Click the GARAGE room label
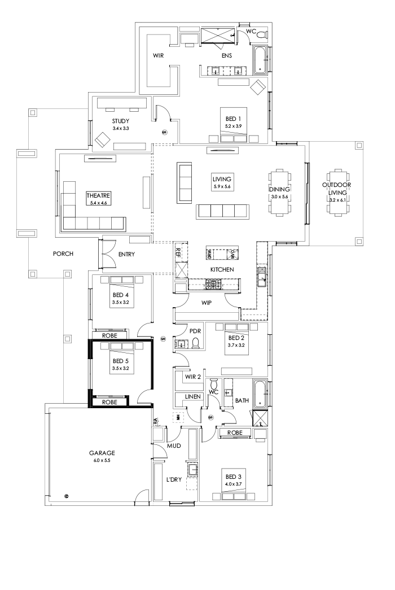click(102, 453)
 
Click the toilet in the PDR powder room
click(195, 343)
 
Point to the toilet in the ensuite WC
click(260, 34)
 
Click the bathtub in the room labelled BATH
click(260, 393)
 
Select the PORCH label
click(63, 254)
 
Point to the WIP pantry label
click(207, 303)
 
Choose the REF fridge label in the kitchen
click(178, 253)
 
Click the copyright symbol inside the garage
click(67, 496)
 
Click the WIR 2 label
click(193, 377)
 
